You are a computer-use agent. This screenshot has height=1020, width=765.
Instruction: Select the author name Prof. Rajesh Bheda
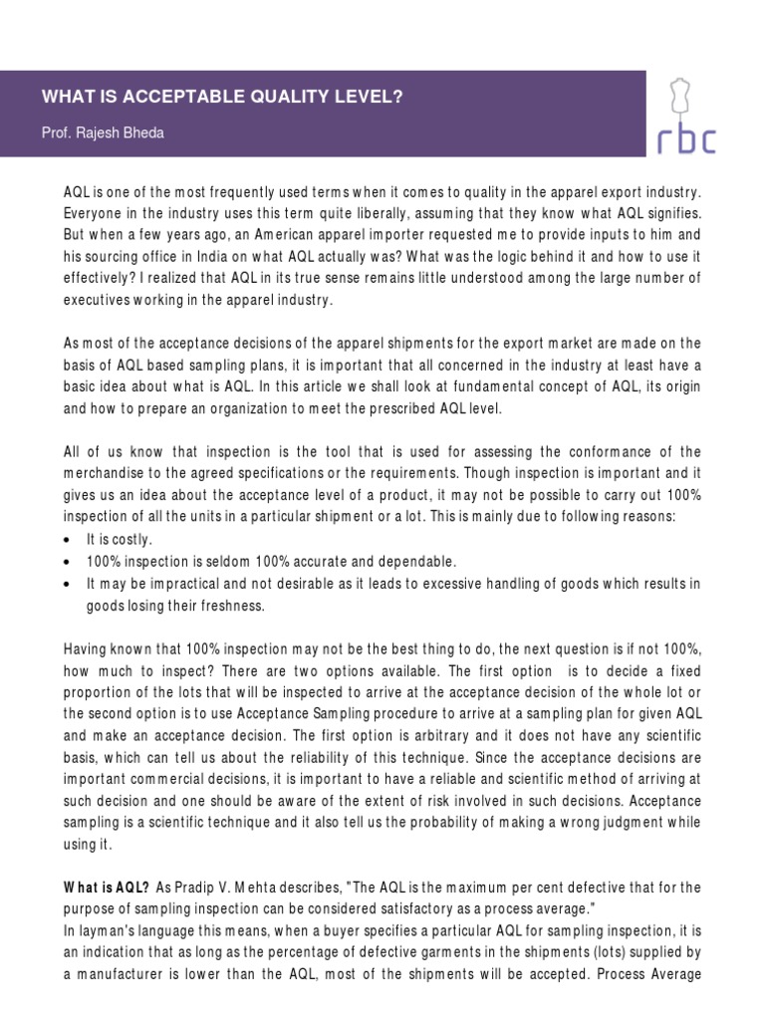pyautogui.click(x=103, y=133)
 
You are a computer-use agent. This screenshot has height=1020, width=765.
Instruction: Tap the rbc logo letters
pyautogui.click(x=687, y=139)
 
